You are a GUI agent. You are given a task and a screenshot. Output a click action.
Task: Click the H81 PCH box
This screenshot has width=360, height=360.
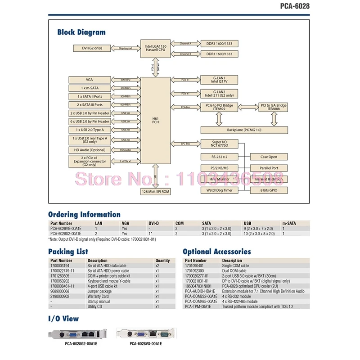pyautogui.click(x=155, y=120)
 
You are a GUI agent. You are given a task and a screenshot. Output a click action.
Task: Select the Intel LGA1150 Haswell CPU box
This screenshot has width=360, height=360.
pyautogui.click(x=155, y=48)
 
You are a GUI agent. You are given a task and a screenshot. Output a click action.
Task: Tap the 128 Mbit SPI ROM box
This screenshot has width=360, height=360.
pyautogui.click(x=155, y=191)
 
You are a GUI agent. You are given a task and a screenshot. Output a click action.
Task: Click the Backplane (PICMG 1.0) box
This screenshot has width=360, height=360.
pyautogui.click(x=243, y=130)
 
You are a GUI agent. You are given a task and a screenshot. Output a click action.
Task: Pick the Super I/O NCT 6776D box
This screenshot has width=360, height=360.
pyautogui.click(x=220, y=144)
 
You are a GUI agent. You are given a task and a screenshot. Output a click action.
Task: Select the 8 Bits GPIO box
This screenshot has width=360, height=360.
pyautogui.click(x=269, y=190)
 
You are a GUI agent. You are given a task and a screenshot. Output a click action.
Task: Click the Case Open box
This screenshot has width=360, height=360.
pyautogui.click(x=269, y=157)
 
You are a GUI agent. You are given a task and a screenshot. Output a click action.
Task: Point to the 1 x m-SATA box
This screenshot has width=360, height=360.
pyautogui.click(x=89, y=88)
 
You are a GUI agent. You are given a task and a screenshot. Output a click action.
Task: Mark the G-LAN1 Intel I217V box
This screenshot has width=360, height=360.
pyautogui.click(x=220, y=79)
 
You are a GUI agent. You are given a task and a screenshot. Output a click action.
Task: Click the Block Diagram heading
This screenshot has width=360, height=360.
pyautogui.click(x=81, y=32)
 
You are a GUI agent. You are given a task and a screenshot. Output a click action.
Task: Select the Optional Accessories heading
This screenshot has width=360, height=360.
pyautogui.click(x=216, y=252)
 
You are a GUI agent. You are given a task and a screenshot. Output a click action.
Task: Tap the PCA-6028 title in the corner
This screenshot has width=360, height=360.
pyautogui.click(x=295, y=6)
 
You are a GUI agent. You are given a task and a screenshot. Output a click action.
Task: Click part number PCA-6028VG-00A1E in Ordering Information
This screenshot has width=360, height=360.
pyautogui.click(x=66, y=228)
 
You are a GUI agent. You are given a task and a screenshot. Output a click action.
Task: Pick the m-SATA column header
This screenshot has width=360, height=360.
pyautogui.click(x=289, y=223)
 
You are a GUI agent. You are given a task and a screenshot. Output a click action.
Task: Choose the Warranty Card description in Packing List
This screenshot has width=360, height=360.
pyautogui.click(x=99, y=297)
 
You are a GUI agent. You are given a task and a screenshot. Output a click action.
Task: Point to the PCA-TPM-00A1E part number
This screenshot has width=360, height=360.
pyautogui.click(x=201, y=306)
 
